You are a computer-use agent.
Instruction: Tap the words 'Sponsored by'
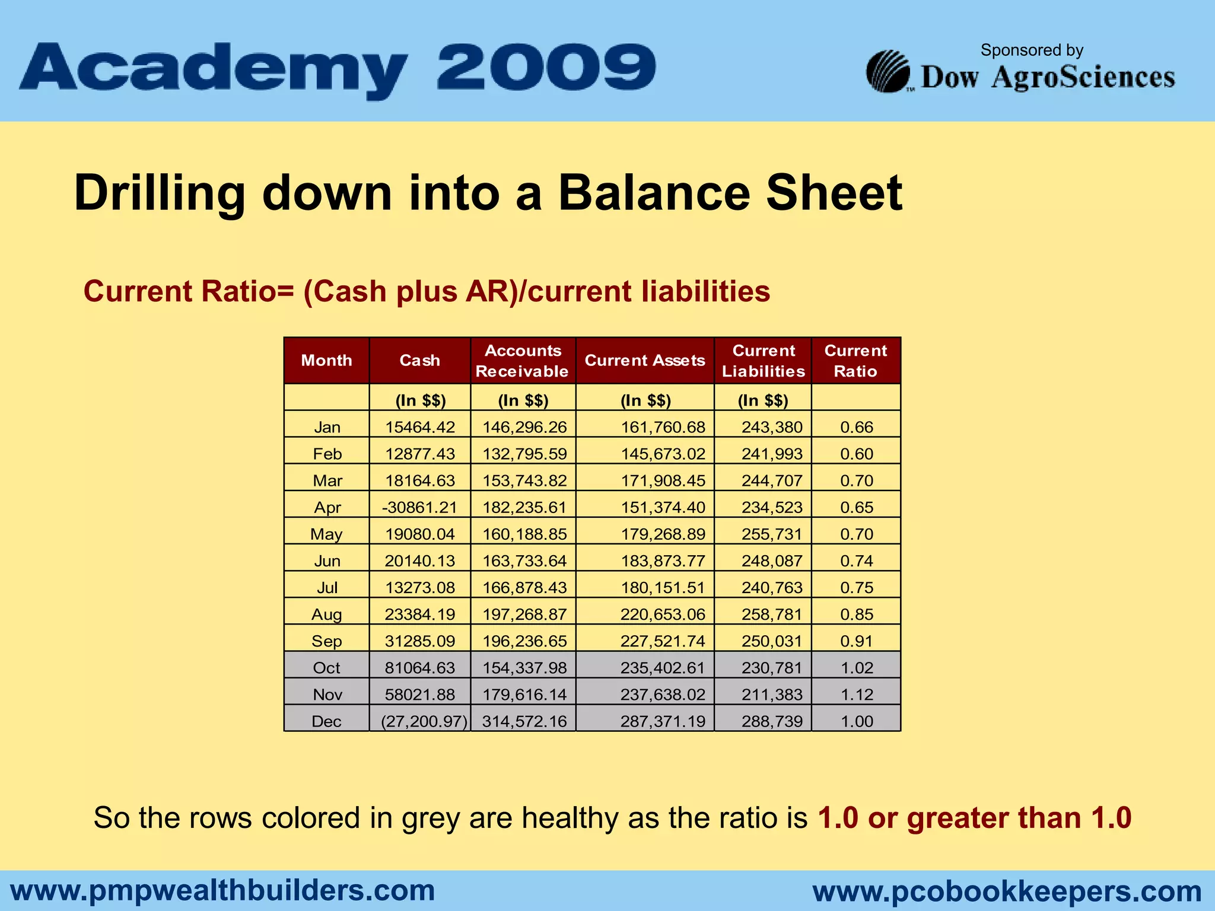(x=1032, y=50)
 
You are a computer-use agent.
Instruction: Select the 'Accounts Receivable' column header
(x=523, y=361)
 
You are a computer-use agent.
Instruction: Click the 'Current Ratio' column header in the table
(x=855, y=361)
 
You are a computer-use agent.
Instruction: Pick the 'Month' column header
(x=326, y=361)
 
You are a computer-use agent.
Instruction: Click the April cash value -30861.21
(x=419, y=507)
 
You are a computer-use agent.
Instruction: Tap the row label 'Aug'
(x=326, y=614)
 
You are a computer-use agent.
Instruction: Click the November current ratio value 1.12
(x=857, y=695)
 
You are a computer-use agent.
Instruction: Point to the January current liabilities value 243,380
(x=771, y=427)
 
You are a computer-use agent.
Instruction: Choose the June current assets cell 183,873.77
(x=663, y=561)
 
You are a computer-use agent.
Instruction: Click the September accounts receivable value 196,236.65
(x=524, y=641)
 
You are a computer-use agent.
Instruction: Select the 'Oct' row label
(x=326, y=668)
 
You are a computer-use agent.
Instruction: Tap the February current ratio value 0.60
(x=857, y=454)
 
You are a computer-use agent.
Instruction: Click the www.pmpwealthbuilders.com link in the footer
(x=223, y=890)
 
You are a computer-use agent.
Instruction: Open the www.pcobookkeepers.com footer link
(x=1007, y=891)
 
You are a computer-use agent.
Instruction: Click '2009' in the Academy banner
(x=546, y=68)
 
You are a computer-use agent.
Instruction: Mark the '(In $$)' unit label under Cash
(x=420, y=400)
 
